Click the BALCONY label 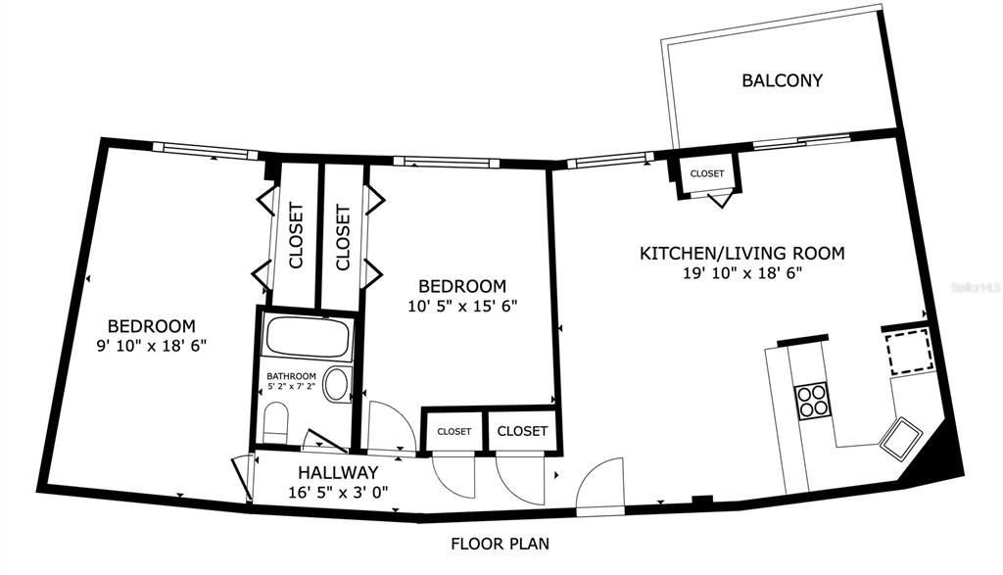tap(782, 80)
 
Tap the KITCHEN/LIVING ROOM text tap(742, 254)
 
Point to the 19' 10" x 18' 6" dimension tap(742, 273)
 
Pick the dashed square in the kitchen tap(909, 351)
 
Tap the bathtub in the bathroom tap(309, 337)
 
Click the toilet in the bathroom tap(276, 422)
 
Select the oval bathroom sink tap(336, 385)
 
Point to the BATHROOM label tap(291, 376)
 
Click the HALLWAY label tap(338, 473)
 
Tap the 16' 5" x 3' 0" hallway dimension tap(338, 493)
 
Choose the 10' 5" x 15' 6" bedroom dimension tap(462, 307)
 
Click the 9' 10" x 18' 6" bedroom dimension tap(152, 346)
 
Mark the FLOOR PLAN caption tap(501, 545)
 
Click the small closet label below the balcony tap(707, 173)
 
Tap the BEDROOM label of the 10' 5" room tap(462, 286)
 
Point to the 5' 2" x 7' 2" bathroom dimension tap(291, 386)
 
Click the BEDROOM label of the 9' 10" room tap(152, 325)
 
